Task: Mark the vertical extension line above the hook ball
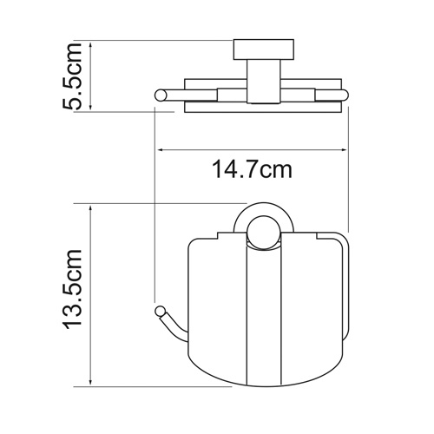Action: tap(155, 217)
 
